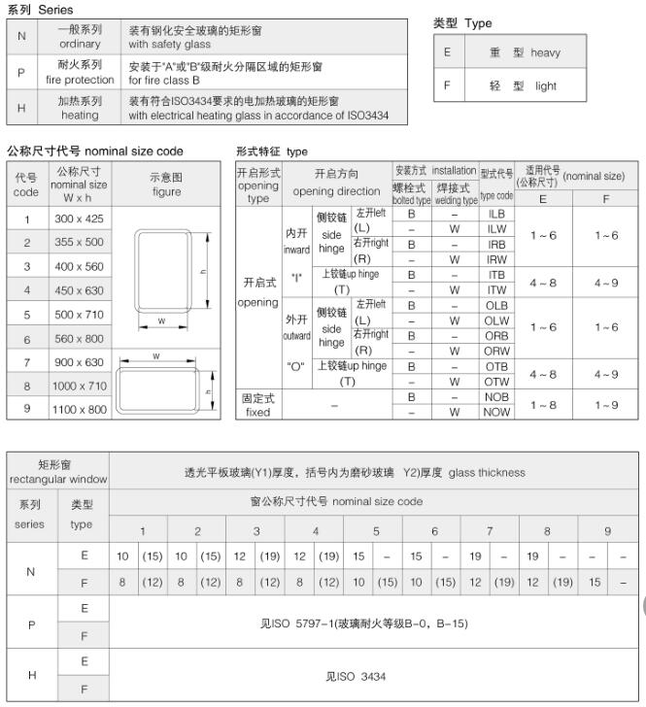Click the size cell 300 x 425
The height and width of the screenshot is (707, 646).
[x=79, y=219]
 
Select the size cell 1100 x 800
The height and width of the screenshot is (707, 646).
[x=79, y=410]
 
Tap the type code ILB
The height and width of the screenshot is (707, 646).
[x=496, y=213]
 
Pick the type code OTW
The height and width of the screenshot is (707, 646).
[x=496, y=382]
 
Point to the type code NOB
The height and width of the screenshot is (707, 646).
[x=496, y=397]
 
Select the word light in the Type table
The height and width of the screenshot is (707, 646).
[x=545, y=85]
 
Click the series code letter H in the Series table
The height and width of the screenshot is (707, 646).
[x=21, y=107]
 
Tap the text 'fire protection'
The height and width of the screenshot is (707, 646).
[x=80, y=81]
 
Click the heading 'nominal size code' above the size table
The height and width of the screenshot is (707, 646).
[x=134, y=151]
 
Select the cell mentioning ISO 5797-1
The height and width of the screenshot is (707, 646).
[x=364, y=623]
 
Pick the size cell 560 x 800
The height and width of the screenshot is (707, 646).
[x=79, y=339]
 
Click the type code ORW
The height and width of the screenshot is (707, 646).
[x=496, y=351]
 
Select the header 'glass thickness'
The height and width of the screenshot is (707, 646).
[x=487, y=473]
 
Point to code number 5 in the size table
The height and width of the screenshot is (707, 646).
[x=27, y=315]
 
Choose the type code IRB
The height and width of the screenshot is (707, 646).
[x=496, y=245]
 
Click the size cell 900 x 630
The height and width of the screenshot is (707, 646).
[x=79, y=362]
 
